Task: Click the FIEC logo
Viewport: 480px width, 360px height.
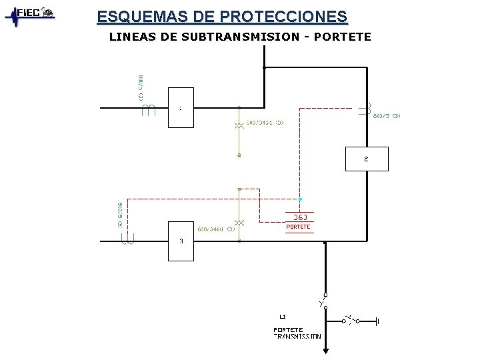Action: [x=30, y=15]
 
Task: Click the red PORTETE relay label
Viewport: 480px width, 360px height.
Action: [x=298, y=227]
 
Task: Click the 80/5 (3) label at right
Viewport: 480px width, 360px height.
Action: [x=387, y=116]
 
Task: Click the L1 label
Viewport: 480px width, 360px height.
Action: [x=283, y=315]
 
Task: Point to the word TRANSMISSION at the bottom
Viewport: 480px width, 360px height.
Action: [x=298, y=337]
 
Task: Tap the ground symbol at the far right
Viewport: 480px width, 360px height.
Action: [x=377, y=321]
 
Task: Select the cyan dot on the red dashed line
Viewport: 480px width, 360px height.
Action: [x=300, y=199]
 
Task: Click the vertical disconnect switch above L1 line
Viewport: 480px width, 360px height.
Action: [x=323, y=301]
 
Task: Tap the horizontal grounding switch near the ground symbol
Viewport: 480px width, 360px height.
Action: [x=351, y=319]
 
